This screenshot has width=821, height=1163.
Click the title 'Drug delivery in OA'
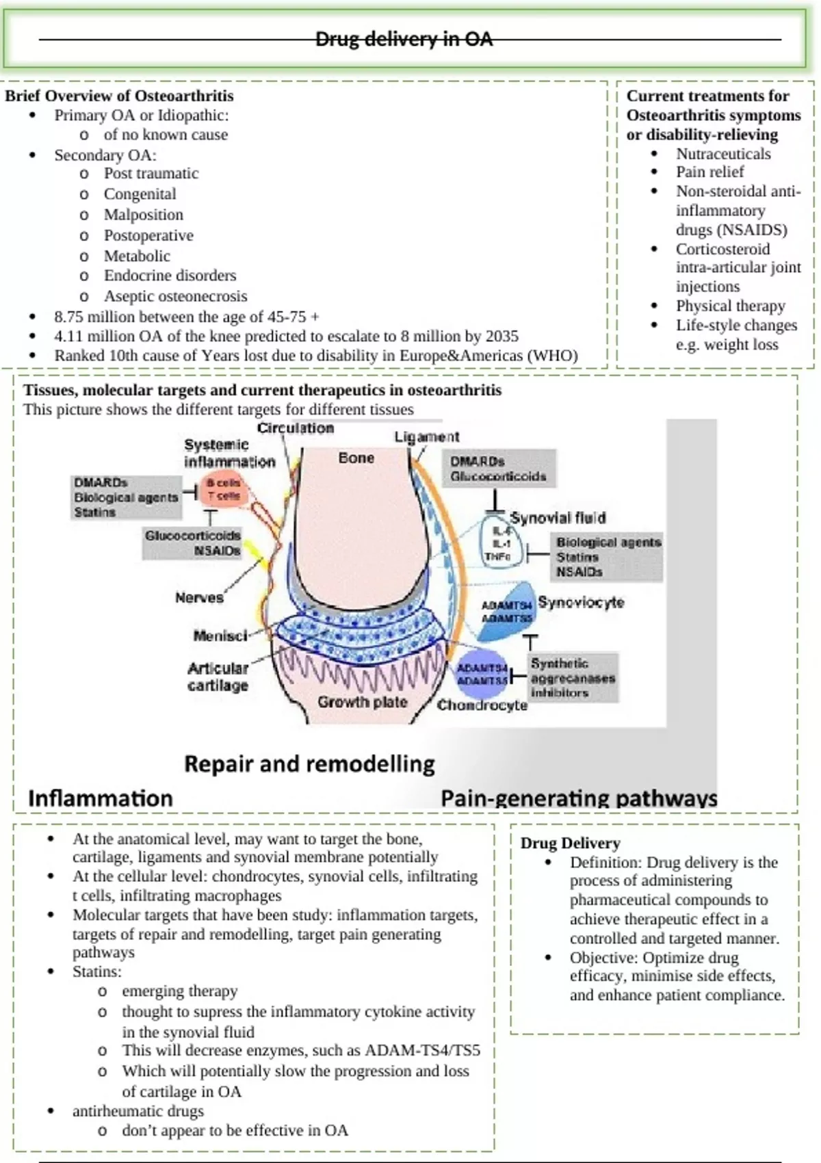click(404, 39)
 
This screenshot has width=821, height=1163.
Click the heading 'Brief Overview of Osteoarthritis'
click(119, 96)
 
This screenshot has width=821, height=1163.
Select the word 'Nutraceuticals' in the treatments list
click(723, 154)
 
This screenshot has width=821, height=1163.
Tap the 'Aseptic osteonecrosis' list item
click(175, 296)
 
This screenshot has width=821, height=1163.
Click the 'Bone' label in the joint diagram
click(356, 458)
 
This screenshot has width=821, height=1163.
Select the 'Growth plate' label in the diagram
click(362, 702)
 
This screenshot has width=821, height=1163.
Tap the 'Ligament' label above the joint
click(426, 436)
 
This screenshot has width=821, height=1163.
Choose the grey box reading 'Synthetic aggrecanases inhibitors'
click(573, 677)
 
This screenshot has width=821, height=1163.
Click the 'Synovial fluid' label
click(558, 518)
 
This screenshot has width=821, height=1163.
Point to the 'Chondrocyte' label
click(482, 705)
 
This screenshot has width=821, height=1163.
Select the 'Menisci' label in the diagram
click(220, 636)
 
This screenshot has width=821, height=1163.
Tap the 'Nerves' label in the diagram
click(199, 597)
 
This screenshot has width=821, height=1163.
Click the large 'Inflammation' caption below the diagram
click(101, 798)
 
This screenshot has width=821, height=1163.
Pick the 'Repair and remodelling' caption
click(309, 763)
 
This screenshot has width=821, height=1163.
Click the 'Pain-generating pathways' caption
click(579, 798)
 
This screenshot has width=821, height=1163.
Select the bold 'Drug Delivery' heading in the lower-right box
click(570, 843)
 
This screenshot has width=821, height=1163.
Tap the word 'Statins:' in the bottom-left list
click(97, 971)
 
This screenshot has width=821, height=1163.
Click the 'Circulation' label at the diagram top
click(296, 428)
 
